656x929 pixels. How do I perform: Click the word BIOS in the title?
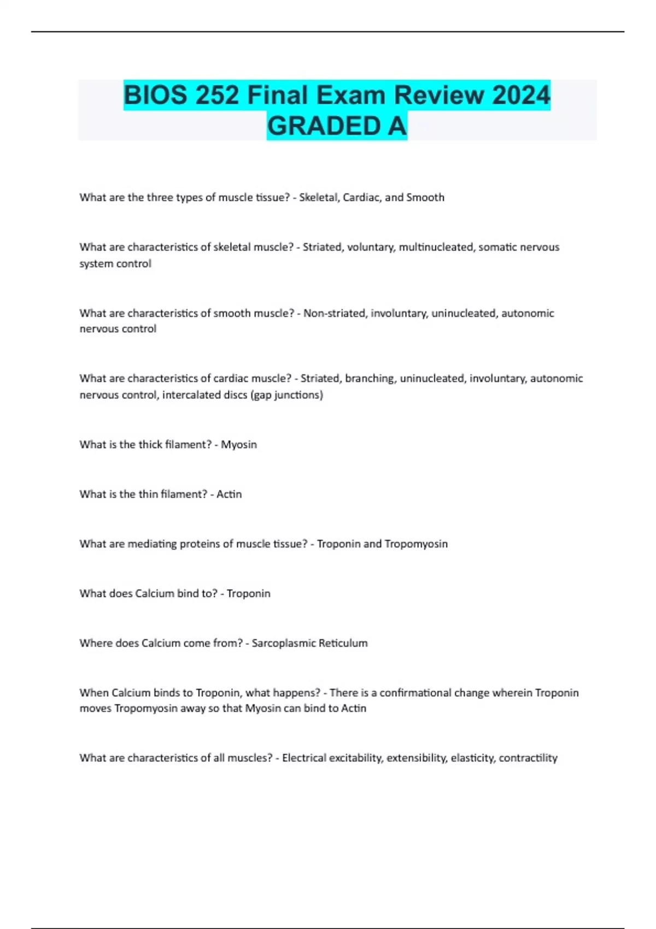coord(154,95)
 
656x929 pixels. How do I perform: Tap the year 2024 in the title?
coord(520,95)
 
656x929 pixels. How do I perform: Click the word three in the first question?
coord(159,197)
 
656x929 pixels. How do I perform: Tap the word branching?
coord(370,378)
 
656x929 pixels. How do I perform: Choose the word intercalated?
coord(191,395)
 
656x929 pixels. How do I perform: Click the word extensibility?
coord(417,758)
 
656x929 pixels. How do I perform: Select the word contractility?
coord(528,758)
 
